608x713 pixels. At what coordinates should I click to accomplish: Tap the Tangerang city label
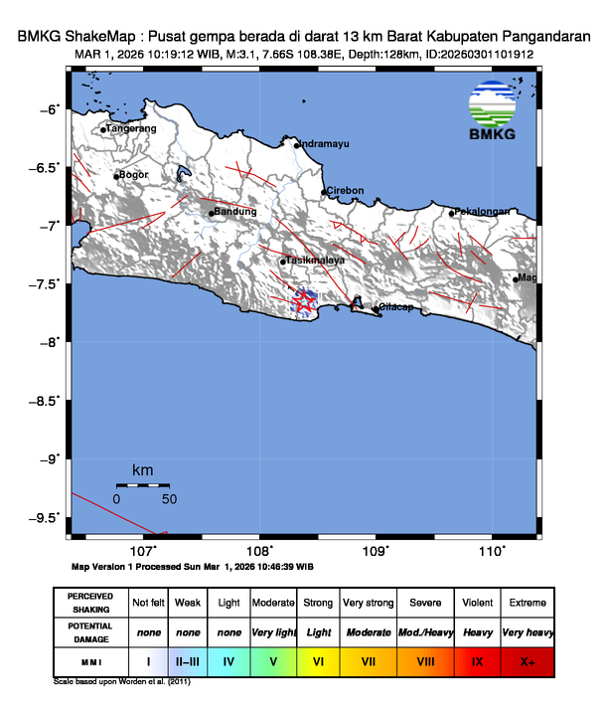[x=132, y=128]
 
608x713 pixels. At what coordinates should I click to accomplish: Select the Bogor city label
[x=133, y=175]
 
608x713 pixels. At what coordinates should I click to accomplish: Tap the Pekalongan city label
[x=482, y=212]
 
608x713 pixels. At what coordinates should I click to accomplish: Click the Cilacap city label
[x=395, y=308]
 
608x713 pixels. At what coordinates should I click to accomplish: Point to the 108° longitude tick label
[x=259, y=551]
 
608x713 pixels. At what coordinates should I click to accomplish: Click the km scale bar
[x=142, y=484]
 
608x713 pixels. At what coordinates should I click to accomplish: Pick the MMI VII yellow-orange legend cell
[x=368, y=660]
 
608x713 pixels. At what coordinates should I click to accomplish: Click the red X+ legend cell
[x=527, y=660]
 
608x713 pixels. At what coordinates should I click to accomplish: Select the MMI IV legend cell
[x=228, y=660]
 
